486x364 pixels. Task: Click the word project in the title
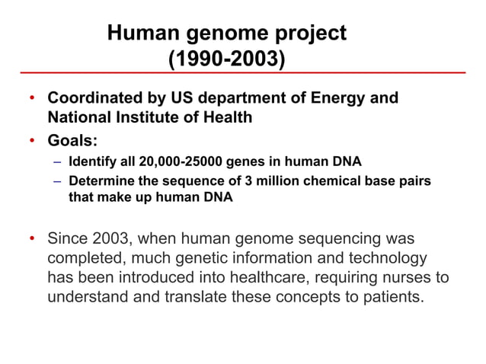pos(309,34)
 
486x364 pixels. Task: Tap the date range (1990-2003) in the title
pos(226,59)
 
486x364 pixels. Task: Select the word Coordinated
pos(92,99)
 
